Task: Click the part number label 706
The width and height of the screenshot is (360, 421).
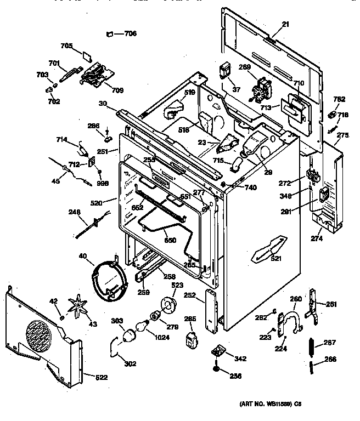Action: pyautogui.click(x=131, y=33)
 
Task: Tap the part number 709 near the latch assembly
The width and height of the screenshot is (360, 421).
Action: pyautogui.click(x=117, y=90)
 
